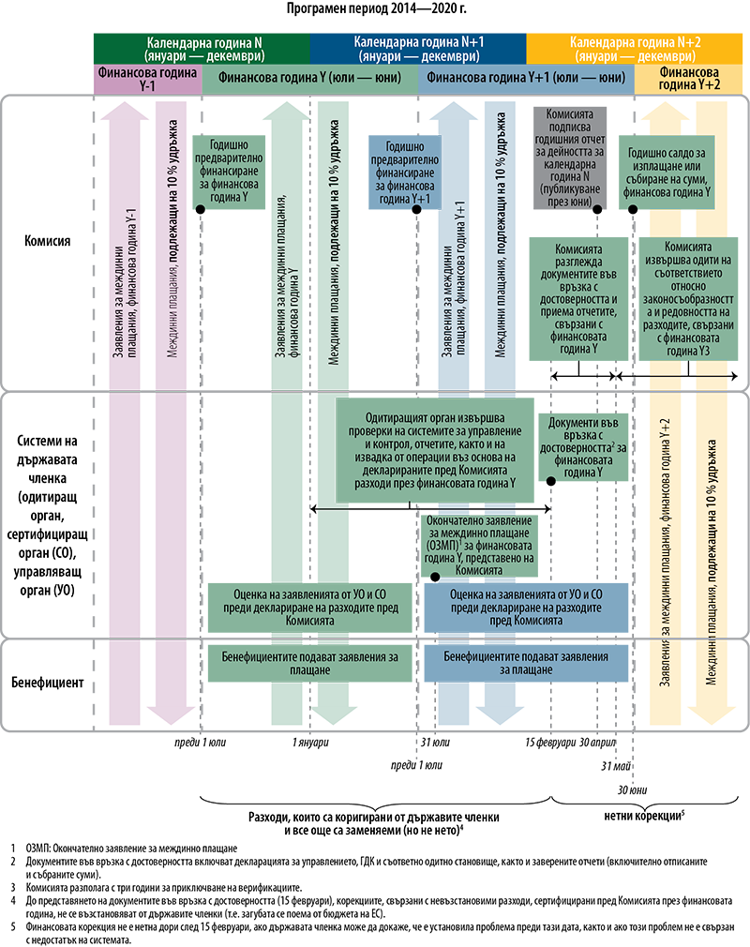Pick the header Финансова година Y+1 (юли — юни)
click(526, 78)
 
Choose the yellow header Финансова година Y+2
click(692, 78)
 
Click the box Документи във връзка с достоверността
click(588, 450)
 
